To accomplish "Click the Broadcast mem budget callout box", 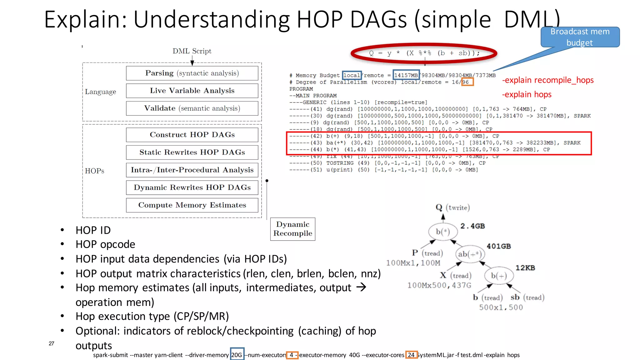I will (580, 37).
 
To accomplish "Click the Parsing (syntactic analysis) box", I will (192, 73).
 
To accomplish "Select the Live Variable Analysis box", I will (192, 91).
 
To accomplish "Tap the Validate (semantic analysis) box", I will (192, 108).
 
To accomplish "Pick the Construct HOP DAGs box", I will (192, 135).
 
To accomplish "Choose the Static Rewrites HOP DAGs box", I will (192, 152).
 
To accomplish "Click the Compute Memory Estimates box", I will (192, 205).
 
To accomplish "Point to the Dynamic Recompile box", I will (292, 229).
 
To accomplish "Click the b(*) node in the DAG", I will (443, 232).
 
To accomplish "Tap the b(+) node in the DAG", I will (499, 276).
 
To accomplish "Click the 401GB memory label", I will (498, 246).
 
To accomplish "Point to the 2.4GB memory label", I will (472, 226).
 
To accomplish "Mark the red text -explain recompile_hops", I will (547, 80).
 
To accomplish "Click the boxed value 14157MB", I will (406, 75).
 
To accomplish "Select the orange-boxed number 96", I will (467, 82).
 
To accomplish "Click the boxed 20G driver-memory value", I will (237, 355).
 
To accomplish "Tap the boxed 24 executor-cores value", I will (411, 355).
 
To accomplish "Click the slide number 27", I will (52, 343).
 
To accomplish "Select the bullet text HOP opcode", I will (105, 244).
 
